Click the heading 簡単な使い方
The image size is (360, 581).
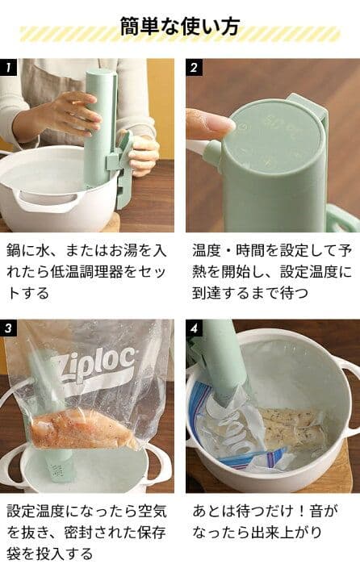pos(179,27)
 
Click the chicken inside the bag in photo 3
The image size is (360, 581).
pos(81,429)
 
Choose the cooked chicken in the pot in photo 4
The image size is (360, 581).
pos(291,428)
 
